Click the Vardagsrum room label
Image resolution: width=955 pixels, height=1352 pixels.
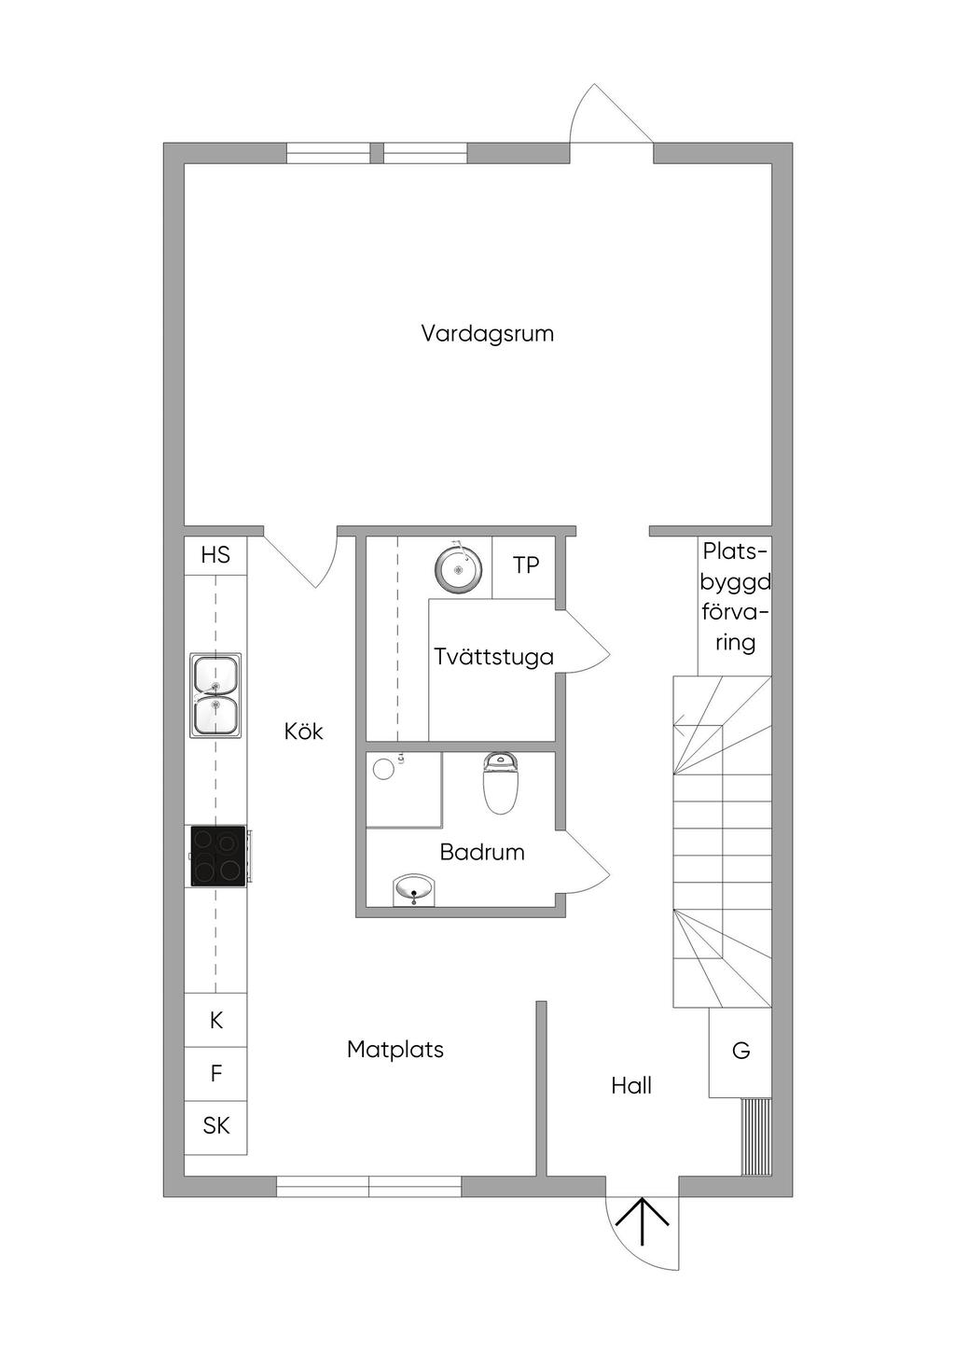(x=487, y=334)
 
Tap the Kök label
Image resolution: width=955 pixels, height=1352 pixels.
(x=303, y=732)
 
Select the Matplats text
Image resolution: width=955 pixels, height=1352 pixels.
(x=395, y=1050)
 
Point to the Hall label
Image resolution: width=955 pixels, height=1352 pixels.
(x=631, y=1086)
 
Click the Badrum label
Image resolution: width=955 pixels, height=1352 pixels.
(x=482, y=852)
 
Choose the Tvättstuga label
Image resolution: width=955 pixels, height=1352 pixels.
(x=493, y=657)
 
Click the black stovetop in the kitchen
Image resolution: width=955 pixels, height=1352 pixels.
(x=218, y=856)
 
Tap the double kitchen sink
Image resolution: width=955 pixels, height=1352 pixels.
(x=215, y=695)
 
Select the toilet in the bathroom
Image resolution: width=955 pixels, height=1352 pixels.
(x=501, y=783)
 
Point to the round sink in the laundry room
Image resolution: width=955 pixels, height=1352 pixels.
(x=459, y=567)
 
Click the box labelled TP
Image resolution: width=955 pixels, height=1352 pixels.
(x=523, y=566)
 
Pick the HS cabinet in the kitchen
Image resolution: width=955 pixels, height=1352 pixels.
(x=215, y=555)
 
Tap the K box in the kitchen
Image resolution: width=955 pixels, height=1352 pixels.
(x=215, y=1020)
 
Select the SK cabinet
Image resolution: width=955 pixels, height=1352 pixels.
(x=215, y=1126)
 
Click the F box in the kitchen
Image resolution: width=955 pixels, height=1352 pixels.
(x=215, y=1074)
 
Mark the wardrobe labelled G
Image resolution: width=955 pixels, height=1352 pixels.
(x=740, y=1052)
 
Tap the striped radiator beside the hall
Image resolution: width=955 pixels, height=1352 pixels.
(x=756, y=1136)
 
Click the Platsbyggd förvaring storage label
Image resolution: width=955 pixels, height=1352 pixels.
(x=736, y=597)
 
